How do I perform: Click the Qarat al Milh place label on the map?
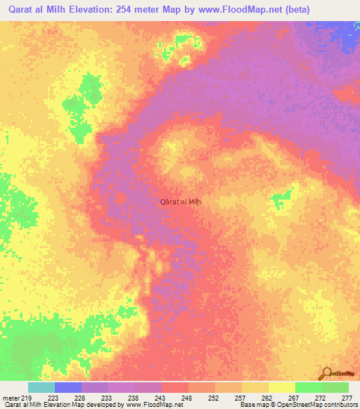click(181, 202)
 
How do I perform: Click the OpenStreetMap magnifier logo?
click(326, 373)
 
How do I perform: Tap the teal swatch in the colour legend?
click(41, 387)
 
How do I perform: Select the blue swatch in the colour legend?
click(68, 387)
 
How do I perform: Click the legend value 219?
click(27, 397)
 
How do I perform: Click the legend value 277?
click(347, 397)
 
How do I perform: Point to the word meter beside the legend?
click(11, 397)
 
